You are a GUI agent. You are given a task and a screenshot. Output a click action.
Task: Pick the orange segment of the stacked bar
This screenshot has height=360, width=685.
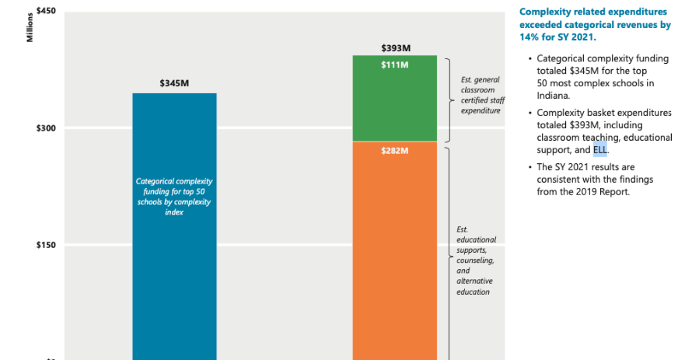coord(394,257)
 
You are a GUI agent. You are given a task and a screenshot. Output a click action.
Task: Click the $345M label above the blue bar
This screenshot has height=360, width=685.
coord(174,82)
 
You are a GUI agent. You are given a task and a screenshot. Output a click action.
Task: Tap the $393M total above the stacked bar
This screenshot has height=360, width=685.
coord(395,47)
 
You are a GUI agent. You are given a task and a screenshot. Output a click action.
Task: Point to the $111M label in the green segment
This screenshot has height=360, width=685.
coord(395,65)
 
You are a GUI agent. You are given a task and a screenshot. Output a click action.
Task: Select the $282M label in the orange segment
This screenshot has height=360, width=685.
coord(395,151)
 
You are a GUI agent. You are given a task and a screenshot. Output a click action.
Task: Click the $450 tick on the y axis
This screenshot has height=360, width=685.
coord(44,11)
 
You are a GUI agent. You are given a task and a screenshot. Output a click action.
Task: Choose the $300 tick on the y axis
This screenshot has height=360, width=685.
coord(44,128)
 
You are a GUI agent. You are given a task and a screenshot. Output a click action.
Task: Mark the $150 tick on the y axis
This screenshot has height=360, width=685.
coord(44,245)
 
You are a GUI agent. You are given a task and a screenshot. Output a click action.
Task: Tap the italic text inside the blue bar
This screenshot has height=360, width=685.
coord(174,196)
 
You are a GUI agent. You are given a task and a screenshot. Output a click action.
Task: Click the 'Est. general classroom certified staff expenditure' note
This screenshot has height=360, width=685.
coord(480,95)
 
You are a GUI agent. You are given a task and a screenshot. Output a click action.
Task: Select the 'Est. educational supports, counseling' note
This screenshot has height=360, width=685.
coord(477,260)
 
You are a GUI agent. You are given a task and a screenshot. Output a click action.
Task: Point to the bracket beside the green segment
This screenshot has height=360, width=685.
coord(450,99)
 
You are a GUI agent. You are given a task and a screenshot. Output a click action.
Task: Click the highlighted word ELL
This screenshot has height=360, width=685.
coord(600,149)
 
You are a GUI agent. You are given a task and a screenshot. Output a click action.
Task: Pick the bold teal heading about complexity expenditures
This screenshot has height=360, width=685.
coord(594,24)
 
